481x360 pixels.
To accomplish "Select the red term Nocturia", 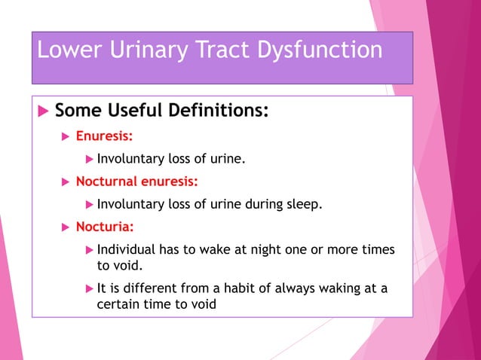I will click(104, 226).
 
